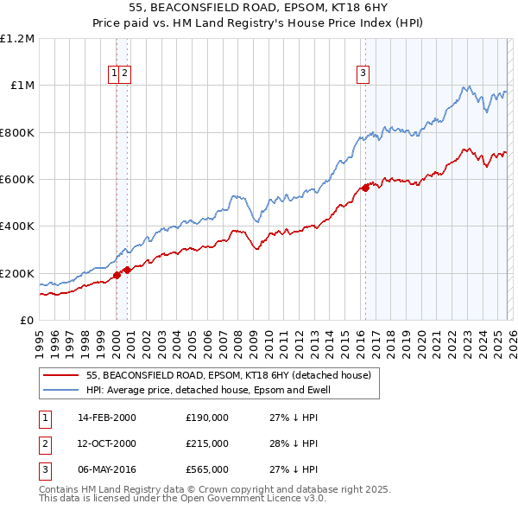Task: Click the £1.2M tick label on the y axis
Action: [x=17, y=39]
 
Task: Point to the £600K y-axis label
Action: [x=17, y=180]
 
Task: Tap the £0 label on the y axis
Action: [x=27, y=321]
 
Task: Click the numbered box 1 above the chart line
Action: [x=114, y=74]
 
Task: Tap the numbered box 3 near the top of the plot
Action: [x=363, y=74]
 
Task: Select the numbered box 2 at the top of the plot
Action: [x=125, y=74]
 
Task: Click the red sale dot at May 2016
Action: [x=365, y=188]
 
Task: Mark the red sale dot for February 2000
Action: [x=117, y=276]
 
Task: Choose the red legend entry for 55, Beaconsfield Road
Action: [x=228, y=375]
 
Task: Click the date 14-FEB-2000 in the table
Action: [x=107, y=418]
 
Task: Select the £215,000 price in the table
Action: [x=207, y=443]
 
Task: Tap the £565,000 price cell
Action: [x=207, y=469]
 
